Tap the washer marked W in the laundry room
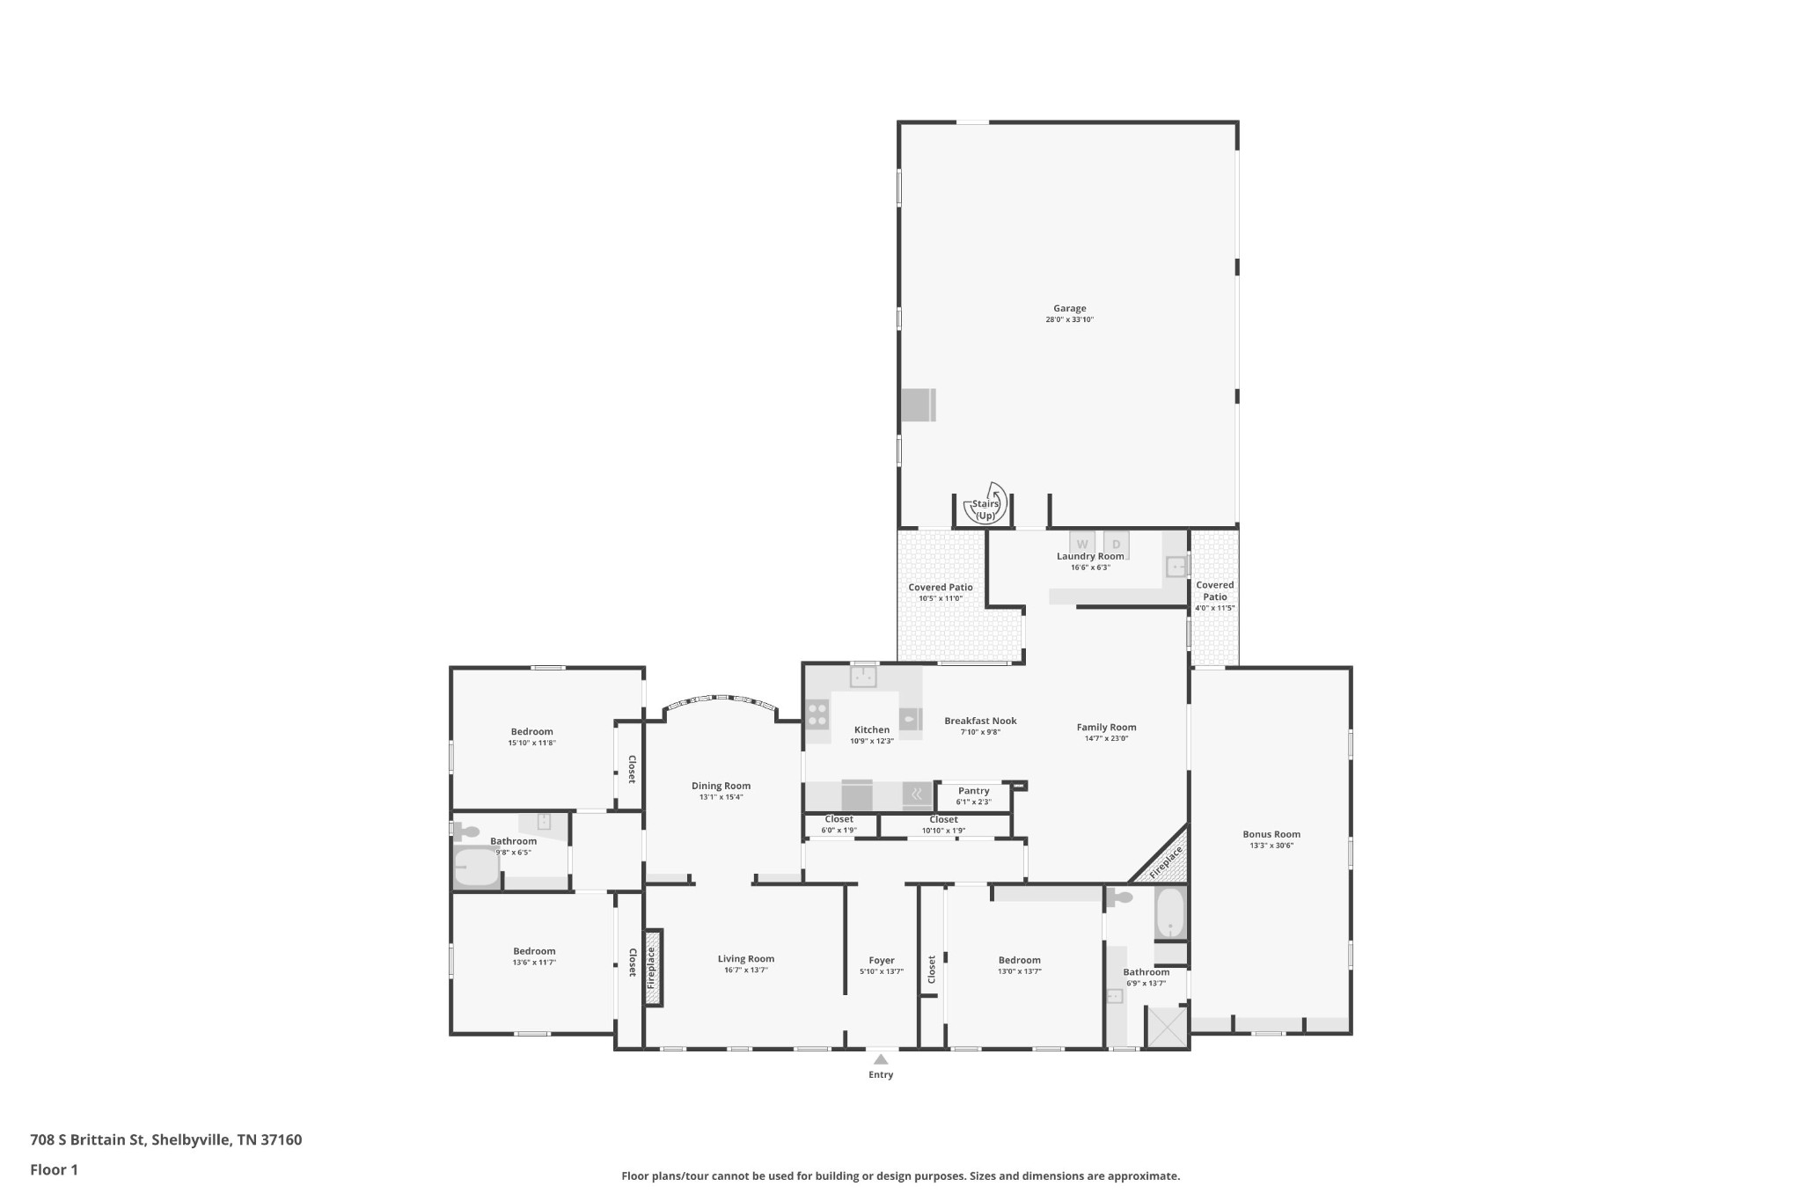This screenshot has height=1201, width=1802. click(1082, 545)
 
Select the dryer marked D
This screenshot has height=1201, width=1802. click(1117, 545)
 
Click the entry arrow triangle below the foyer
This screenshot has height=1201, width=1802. click(881, 1059)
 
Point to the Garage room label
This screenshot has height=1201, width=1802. click(1070, 309)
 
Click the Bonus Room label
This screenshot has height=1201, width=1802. click(1271, 834)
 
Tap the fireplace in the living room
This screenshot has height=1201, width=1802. click(652, 968)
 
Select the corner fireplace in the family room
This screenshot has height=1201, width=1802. click(1163, 858)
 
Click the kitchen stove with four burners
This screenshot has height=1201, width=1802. click(817, 714)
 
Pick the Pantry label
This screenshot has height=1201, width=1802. click(974, 791)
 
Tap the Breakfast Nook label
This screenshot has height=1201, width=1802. click(980, 721)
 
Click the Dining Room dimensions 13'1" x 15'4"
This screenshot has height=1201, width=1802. click(721, 797)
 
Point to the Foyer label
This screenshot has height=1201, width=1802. click(882, 961)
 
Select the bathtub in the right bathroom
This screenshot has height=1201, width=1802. click(1170, 913)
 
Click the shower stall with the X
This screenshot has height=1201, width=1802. click(1167, 1027)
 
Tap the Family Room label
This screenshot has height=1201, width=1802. click(1106, 727)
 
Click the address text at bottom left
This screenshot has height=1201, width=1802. click(166, 1140)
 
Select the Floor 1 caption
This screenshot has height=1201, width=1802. click(55, 1170)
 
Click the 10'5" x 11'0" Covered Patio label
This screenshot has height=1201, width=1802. click(941, 598)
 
